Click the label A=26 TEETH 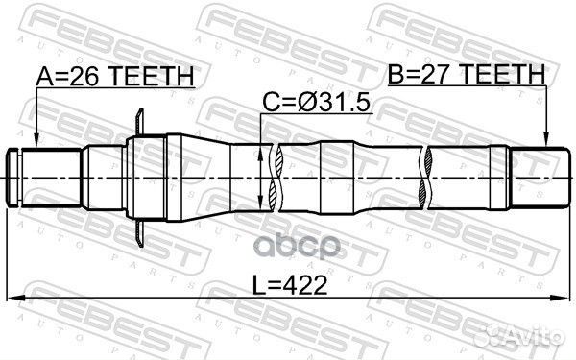pos(115,76)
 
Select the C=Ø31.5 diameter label pos(316,102)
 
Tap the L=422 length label pos(290,285)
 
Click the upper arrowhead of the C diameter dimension pos(260,152)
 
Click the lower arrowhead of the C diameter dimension pos(260,204)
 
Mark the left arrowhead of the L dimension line pos(14,298)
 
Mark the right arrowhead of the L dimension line pos(562,298)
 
